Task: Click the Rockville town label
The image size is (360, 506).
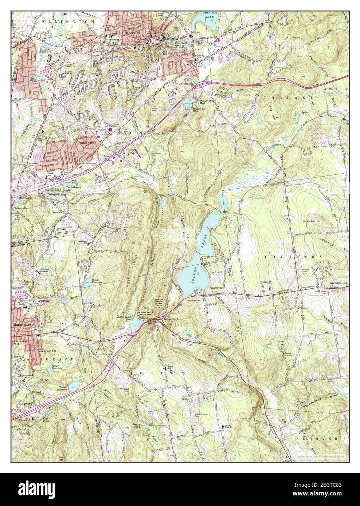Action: pos(133,32)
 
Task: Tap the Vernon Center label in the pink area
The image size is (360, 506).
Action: pos(86,143)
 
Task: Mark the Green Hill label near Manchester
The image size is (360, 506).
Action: pos(49,351)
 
